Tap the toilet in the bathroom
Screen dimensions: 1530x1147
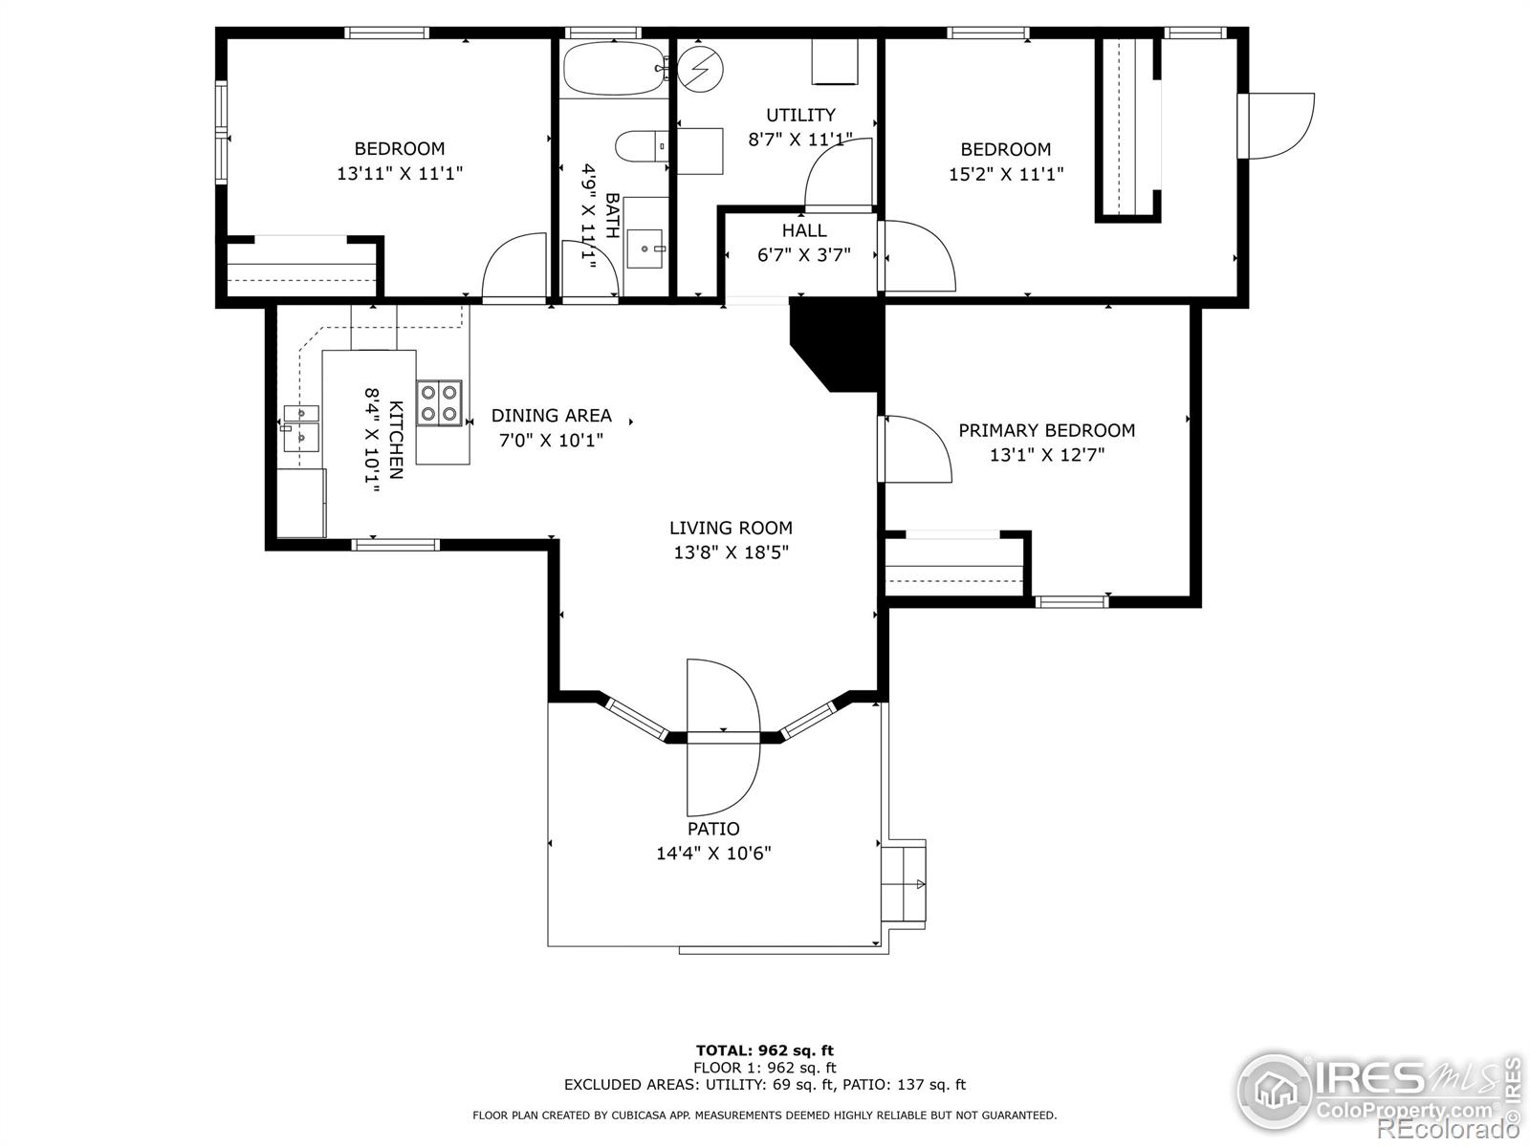pyautogui.click(x=642, y=146)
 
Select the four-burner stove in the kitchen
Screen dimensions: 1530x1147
pyautogui.click(x=439, y=402)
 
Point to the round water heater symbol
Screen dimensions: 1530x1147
pyautogui.click(x=700, y=69)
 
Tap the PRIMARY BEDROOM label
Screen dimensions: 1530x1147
pyautogui.click(x=1046, y=430)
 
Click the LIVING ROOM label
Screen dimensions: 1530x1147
pyautogui.click(x=731, y=528)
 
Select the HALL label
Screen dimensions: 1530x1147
pyautogui.click(x=803, y=230)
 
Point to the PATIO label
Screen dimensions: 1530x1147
pyautogui.click(x=713, y=829)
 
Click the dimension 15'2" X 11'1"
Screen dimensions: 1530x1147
pyautogui.click(x=1006, y=173)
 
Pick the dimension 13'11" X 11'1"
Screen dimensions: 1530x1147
pyautogui.click(x=400, y=173)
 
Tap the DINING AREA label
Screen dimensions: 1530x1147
pyautogui.click(x=552, y=416)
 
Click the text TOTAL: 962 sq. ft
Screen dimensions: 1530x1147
pyautogui.click(x=765, y=1050)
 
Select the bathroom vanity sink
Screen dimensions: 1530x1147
pyautogui.click(x=645, y=249)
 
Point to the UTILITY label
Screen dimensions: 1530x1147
pyautogui.click(x=800, y=115)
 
